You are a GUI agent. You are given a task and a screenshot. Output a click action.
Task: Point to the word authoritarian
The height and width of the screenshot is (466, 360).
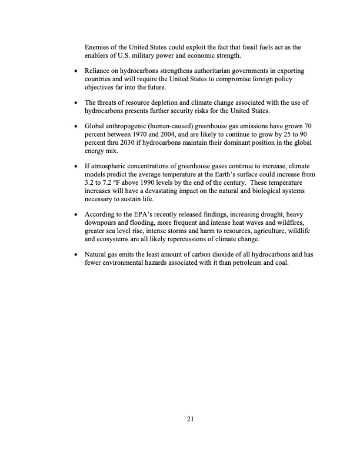point(206,71)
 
